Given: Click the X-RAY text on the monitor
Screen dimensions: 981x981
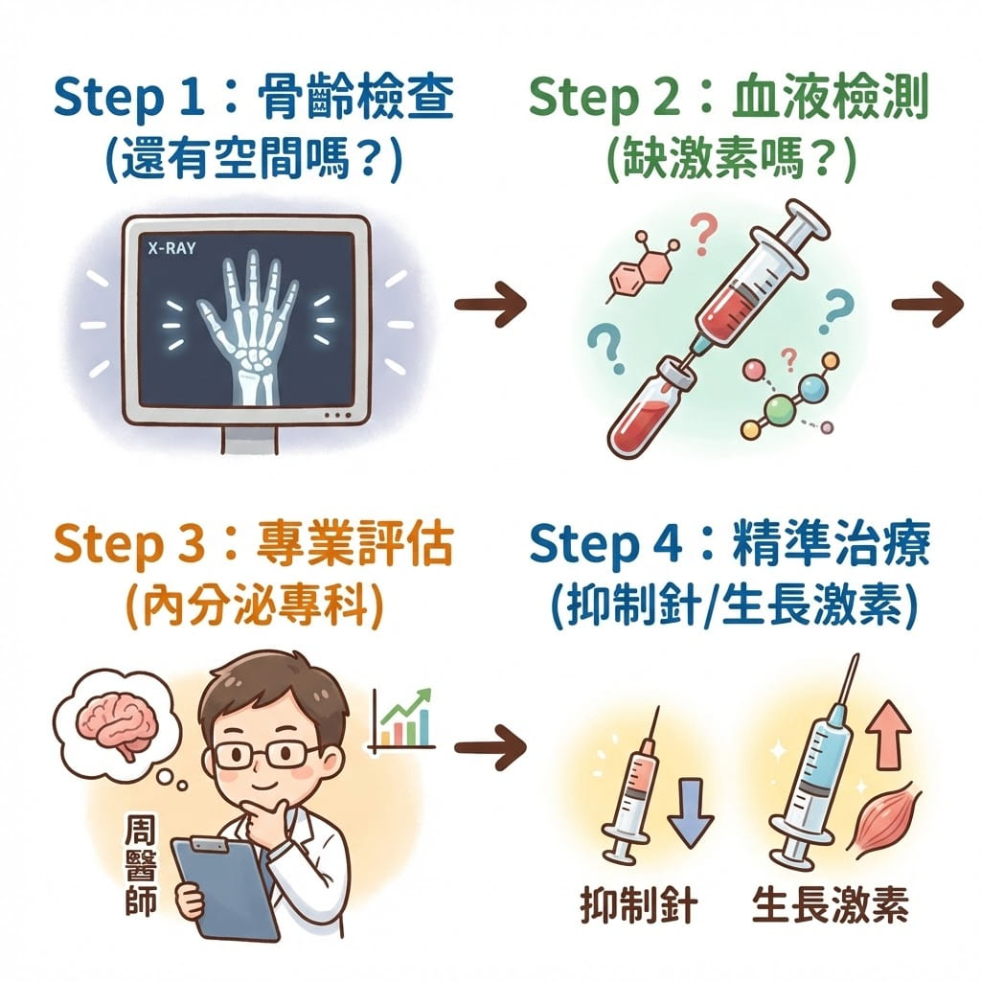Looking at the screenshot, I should click(x=172, y=246).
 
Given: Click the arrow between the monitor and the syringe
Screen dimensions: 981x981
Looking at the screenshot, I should click(x=490, y=305).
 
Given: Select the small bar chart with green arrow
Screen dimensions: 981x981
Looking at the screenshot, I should click(x=402, y=719).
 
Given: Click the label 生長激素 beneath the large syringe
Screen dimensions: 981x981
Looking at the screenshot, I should click(x=830, y=906).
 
